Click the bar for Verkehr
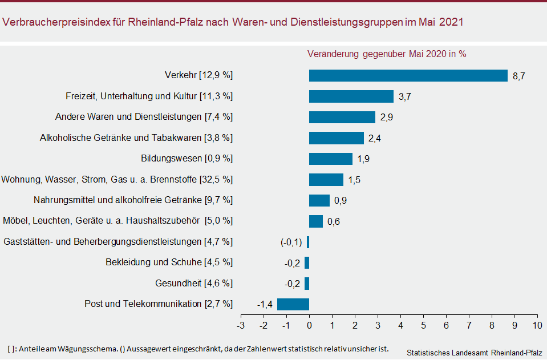[x=408, y=76]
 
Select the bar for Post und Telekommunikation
[x=293, y=304]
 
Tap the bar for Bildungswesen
[x=331, y=159]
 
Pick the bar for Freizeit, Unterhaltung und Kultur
[x=351, y=96]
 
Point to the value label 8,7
[x=518, y=76]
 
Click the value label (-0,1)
[x=291, y=242]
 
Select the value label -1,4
[x=265, y=304]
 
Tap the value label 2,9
[x=386, y=118]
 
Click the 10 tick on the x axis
[x=537, y=325]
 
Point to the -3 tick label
[x=241, y=325]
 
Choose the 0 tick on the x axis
[x=309, y=325]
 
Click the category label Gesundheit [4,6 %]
[x=194, y=283]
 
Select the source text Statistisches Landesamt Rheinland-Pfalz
[x=475, y=352]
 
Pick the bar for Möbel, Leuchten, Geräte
[x=316, y=221]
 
